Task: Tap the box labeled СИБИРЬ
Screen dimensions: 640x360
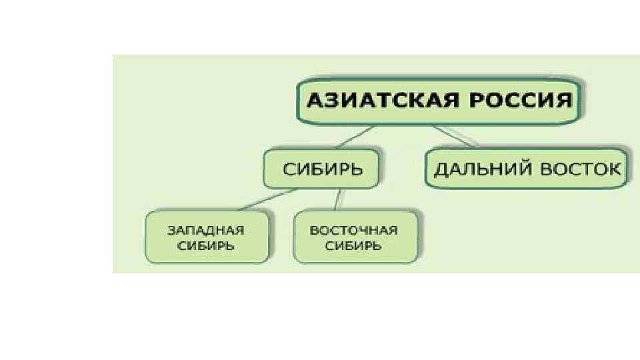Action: coord(322,168)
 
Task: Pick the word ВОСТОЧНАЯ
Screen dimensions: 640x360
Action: coord(353,231)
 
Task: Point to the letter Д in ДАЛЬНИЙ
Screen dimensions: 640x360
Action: coord(441,169)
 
